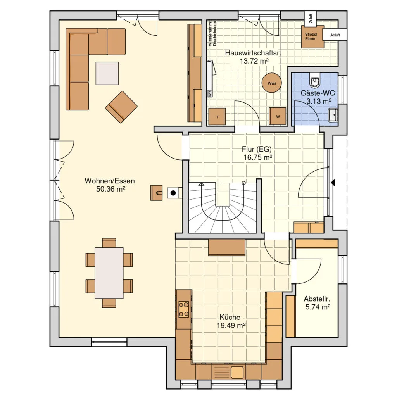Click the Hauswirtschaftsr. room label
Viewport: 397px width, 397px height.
coord(253,53)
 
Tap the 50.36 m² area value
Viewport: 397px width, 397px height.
coord(110,189)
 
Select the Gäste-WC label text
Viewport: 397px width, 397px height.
coord(318,93)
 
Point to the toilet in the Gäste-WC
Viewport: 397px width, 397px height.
coord(315,80)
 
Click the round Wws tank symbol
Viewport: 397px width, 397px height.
coord(272,83)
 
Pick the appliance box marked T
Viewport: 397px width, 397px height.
coord(217,116)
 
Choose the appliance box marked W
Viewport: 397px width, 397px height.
coord(278,116)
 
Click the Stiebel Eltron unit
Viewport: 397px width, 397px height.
coord(312,36)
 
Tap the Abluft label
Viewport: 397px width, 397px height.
coord(335,35)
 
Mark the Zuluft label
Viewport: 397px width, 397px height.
coord(311,19)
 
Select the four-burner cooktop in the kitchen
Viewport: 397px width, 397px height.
coord(183,309)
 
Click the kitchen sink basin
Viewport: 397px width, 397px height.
coord(237,373)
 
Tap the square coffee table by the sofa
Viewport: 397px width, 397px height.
coord(107,73)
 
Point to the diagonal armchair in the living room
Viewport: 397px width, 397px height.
coord(121,107)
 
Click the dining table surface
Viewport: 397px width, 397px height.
coord(109,273)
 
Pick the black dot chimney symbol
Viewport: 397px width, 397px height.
coord(173,193)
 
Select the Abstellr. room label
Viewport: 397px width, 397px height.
coord(317,299)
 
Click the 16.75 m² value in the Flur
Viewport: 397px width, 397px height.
coord(258,157)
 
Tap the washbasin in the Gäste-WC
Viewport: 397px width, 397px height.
coord(333,115)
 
